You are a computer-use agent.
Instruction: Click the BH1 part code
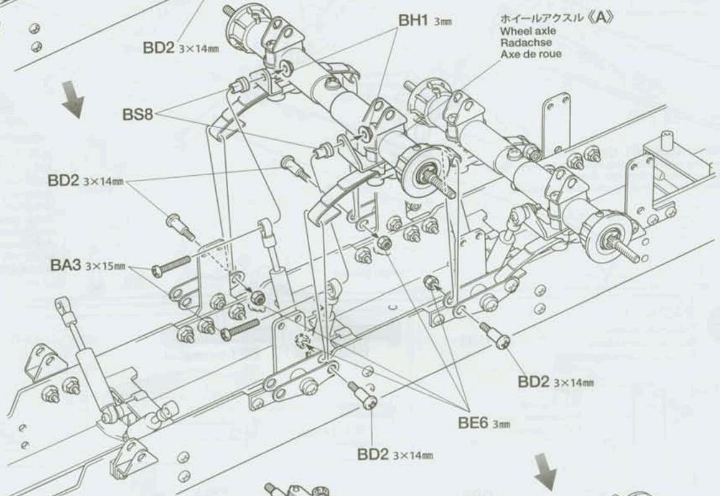coord(415,21)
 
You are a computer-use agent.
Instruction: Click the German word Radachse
coord(521,42)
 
